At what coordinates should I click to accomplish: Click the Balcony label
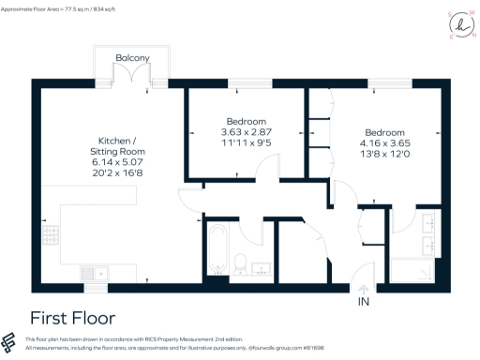[x=132, y=58]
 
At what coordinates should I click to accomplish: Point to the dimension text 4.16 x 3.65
[x=385, y=144]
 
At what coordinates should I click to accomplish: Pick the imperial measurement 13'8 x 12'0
[x=385, y=156]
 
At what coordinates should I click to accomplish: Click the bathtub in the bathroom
[x=216, y=250]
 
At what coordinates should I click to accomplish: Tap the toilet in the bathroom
[x=240, y=263]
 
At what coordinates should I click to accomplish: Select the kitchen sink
[x=94, y=273]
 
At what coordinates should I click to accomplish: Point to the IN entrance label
[x=364, y=303]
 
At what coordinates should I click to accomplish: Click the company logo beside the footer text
[x=11, y=343]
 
